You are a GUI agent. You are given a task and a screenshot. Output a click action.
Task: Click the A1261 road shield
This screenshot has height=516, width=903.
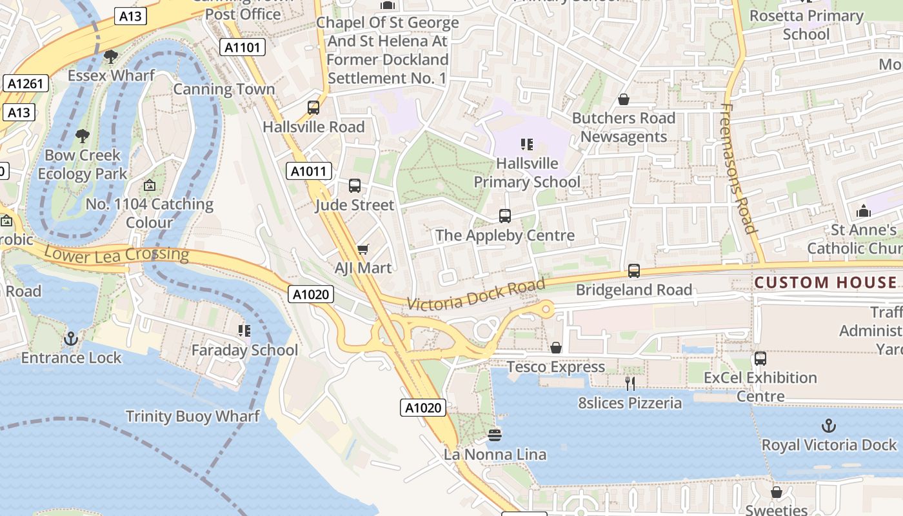point(26,83)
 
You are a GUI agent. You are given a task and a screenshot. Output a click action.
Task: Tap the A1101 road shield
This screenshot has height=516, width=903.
point(243,47)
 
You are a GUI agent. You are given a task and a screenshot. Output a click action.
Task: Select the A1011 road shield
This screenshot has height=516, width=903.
point(309,171)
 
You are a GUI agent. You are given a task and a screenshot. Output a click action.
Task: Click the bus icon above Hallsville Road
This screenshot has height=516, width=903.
point(313,108)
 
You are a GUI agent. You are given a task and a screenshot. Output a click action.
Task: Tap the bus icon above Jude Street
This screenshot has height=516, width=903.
point(354,186)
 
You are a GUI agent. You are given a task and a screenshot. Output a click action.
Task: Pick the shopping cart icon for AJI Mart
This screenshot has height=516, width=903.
point(362,249)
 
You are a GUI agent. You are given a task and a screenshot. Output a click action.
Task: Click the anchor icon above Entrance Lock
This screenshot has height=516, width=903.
point(71,338)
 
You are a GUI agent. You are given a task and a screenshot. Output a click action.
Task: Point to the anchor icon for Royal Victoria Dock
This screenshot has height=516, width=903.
point(828,426)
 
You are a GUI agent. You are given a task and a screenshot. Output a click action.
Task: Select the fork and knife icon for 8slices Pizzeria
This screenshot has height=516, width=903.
point(630,384)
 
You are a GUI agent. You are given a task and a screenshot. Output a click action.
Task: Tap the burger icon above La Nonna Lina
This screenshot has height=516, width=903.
point(495,435)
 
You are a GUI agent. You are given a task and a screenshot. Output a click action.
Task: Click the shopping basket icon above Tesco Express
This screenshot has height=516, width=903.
point(556,348)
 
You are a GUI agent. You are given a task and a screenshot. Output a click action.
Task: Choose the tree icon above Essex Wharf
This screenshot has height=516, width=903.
point(111,57)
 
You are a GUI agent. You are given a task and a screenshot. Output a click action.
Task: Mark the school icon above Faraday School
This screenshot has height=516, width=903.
point(244,331)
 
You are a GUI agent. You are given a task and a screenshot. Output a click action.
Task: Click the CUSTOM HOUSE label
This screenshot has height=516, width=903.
point(826,283)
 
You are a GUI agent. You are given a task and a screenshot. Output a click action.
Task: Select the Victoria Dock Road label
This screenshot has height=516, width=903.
point(476,294)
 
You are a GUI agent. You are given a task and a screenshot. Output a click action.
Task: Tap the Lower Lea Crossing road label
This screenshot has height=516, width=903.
point(116,253)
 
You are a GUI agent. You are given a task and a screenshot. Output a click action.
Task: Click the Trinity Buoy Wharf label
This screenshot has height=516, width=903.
point(193,416)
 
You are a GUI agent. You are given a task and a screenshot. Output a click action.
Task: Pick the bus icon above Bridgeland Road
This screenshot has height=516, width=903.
point(634,271)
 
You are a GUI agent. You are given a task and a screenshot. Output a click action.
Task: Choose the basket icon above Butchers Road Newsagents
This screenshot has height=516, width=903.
point(624,99)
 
